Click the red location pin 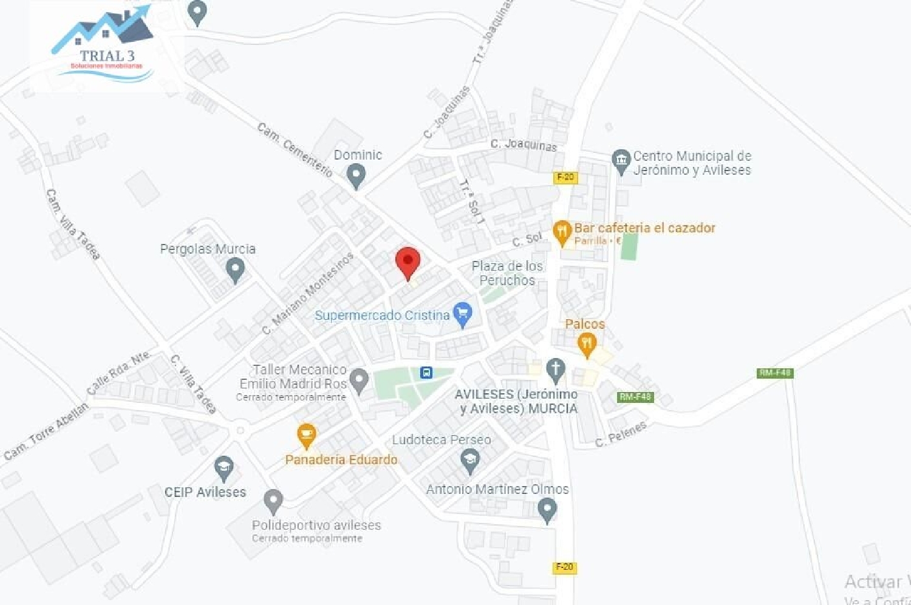(408, 262)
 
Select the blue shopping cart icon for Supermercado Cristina (463, 314)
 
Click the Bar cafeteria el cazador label (644, 228)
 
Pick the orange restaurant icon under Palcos (586, 345)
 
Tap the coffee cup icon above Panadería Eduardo (306, 434)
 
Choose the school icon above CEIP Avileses (224, 468)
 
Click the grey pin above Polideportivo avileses (273, 501)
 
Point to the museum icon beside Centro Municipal (621, 161)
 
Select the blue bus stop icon (426, 373)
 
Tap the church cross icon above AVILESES (555, 368)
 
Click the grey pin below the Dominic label (356, 175)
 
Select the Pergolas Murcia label (208, 249)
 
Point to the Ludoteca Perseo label (442, 439)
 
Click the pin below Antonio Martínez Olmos (547, 509)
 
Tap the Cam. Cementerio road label (295, 149)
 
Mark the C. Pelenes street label (621, 434)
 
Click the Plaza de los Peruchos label (507, 273)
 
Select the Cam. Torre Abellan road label (46, 431)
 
